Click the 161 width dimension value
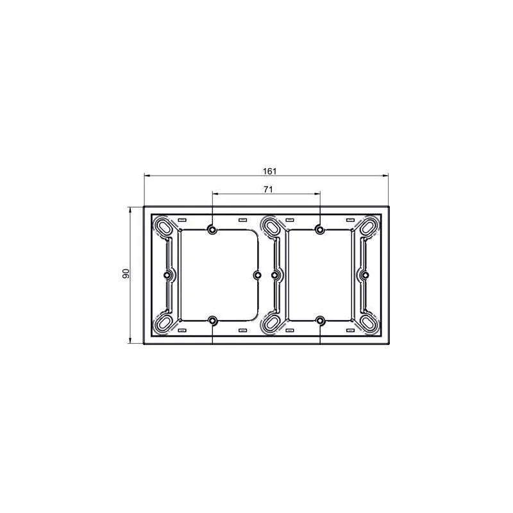click(x=269, y=171)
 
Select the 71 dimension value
click(x=268, y=189)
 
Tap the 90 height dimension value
click(x=126, y=274)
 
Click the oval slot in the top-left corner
click(x=165, y=226)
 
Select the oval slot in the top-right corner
click(x=369, y=226)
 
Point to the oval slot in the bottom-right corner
click(x=369, y=323)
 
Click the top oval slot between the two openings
click(x=271, y=226)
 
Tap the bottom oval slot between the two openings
click(x=271, y=323)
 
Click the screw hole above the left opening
click(x=212, y=230)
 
